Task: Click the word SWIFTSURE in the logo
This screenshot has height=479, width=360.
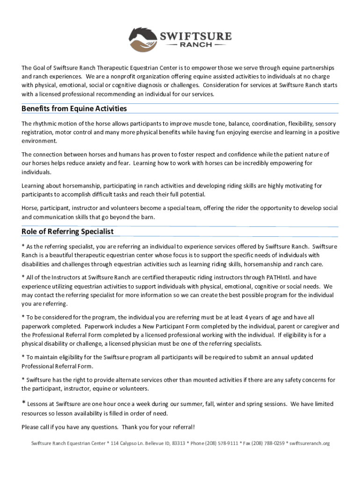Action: [195, 36]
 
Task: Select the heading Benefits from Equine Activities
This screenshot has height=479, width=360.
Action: [74, 109]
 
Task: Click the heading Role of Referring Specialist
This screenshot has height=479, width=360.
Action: [67, 232]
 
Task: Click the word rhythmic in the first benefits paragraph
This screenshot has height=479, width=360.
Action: [46, 124]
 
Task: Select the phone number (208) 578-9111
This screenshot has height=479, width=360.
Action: [221, 443]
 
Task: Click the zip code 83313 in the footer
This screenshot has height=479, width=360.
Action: [179, 443]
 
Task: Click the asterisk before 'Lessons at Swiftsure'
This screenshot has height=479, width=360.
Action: [23, 403]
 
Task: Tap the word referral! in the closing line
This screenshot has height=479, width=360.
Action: [183, 427]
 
